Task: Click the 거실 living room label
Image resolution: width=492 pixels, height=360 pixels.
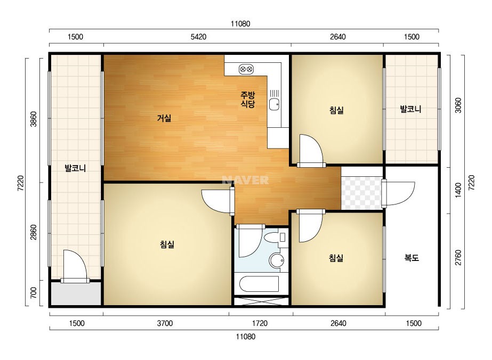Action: tap(164, 118)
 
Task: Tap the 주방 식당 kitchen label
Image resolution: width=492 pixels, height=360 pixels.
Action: tap(247, 100)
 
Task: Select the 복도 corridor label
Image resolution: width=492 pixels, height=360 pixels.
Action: tap(412, 258)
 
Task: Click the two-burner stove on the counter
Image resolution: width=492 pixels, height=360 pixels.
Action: tap(246, 69)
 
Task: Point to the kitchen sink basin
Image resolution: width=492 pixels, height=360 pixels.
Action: tap(274, 104)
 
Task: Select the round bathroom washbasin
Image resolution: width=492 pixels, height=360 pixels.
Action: tap(277, 260)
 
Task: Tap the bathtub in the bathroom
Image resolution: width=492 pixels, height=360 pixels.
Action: tap(259, 284)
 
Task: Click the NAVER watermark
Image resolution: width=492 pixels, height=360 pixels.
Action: tap(245, 180)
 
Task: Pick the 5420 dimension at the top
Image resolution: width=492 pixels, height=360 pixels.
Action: tap(198, 37)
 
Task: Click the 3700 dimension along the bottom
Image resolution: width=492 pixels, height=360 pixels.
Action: tap(165, 323)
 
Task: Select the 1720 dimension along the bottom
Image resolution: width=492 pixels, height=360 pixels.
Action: tap(260, 323)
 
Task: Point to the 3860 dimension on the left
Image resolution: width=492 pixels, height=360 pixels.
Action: tap(33, 119)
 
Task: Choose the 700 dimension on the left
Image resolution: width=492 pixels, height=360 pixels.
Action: tap(33, 292)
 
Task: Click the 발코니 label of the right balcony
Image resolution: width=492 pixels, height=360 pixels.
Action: tap(410, 109)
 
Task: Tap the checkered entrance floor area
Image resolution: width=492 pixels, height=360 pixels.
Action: tap(361, 193)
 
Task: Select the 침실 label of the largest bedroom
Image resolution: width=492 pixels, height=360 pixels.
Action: tap(167, 244)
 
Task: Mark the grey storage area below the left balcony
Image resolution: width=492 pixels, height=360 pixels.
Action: tap(76, 293)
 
